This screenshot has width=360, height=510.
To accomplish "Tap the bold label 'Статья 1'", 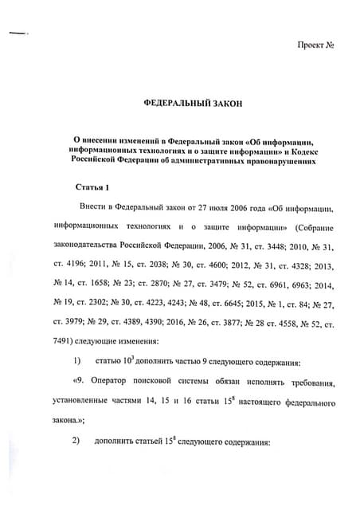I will coord(91,187).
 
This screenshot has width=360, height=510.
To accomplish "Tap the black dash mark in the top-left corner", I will coord(17,33).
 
